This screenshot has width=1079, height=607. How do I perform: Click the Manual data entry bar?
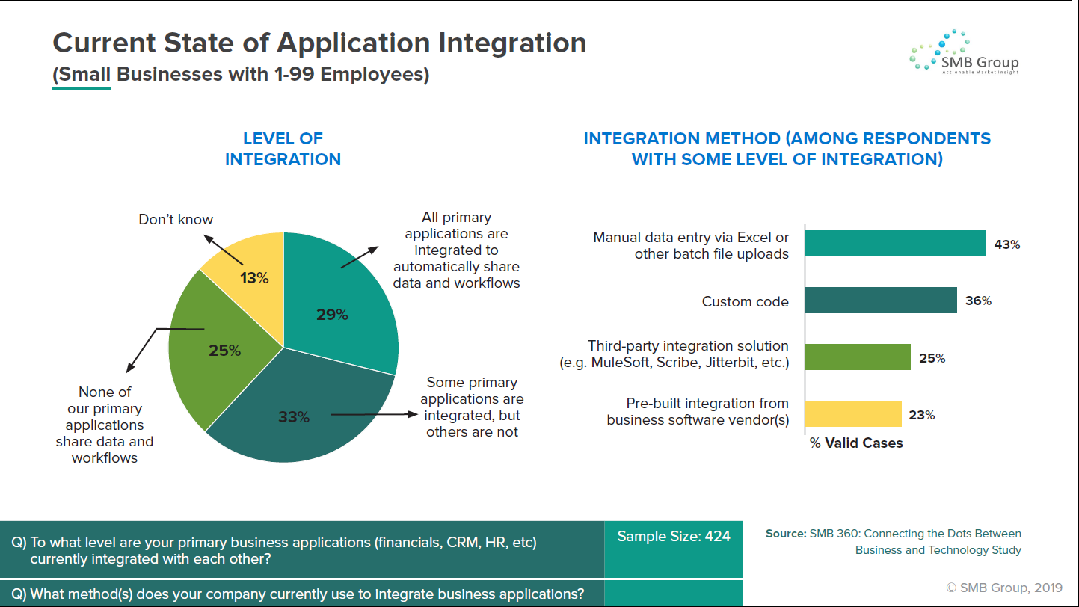895,243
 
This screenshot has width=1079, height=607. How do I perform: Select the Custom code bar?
881,300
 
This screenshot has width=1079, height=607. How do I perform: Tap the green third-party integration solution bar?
858,357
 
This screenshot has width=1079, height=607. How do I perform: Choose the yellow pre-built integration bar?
852,414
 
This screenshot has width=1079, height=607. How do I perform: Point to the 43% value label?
1007,244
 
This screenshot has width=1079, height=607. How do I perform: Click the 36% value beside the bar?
978,301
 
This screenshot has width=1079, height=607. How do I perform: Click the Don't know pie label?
176,219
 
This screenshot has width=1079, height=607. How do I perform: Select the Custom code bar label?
746,301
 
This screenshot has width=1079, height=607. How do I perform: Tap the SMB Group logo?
965,52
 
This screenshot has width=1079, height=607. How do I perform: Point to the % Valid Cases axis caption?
856,443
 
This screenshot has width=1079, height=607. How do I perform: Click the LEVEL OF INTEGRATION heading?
283,149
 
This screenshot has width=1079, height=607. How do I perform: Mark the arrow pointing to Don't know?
223,250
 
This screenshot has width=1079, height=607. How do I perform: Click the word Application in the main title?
353,43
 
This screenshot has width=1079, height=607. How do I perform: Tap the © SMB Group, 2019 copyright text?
1004,588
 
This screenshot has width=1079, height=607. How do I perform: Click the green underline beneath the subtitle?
82,89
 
